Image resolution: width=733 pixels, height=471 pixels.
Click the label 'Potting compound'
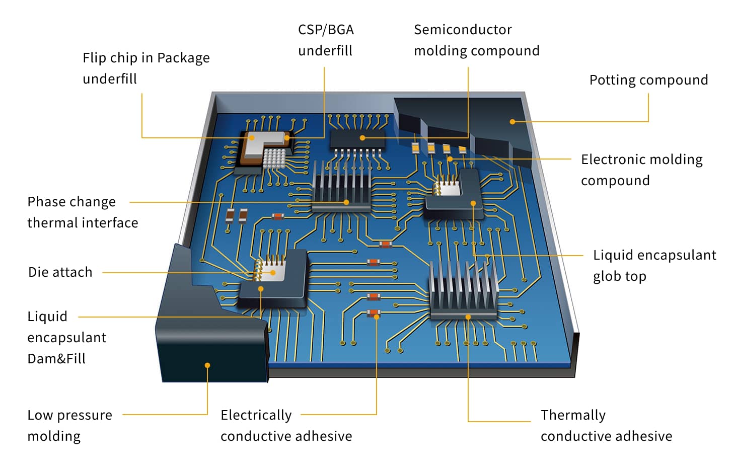pos(648,80)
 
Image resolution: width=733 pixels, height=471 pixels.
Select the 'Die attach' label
pos(60,272)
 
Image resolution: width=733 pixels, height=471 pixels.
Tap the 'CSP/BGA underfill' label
pos(326,40)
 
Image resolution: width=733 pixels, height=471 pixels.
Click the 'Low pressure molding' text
pos(69,425)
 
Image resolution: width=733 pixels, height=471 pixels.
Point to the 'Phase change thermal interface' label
pos(82,212)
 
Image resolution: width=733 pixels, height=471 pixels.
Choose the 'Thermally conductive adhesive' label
pos(606,425)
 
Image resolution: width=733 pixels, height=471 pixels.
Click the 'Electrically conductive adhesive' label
pos(286,425)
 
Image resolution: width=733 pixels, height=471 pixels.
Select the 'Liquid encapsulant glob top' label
pos(654,265)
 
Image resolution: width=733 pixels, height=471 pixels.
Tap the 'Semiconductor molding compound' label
pos(476,40)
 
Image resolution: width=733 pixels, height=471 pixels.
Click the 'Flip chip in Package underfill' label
pos(146,68)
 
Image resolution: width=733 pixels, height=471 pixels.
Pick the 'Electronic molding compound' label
pos(641,170)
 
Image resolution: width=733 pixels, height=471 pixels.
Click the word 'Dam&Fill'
pos(56,359)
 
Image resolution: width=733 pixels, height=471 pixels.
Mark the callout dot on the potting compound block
pos(512,122)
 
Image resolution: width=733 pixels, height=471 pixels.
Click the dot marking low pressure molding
pos(207,365)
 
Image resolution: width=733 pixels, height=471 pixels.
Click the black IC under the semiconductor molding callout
pos(357,138)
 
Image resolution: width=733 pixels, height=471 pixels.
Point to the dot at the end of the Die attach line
pos(273,273)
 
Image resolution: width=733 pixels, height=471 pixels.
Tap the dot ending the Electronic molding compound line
pos(450,159)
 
